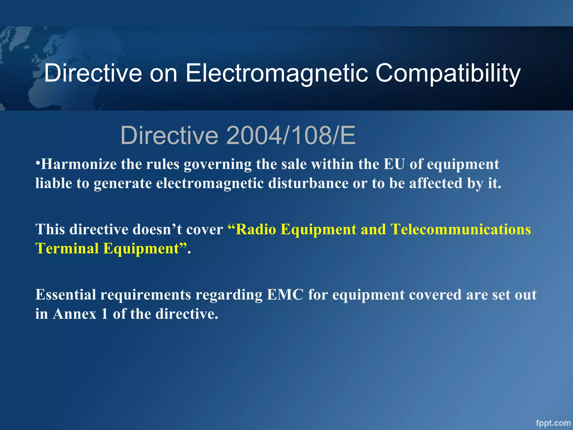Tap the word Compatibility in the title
click(448, 73)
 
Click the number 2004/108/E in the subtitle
click(291, 135)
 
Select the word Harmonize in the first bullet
click(79, 164)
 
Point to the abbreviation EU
click(394, 164)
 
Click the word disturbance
click(308, 183)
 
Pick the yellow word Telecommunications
click(461, 230)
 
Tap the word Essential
click(65, 295)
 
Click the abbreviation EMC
click(285, 295)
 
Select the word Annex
click(74, 314)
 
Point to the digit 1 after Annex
click(105, 314)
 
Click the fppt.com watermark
click(553, 423)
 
